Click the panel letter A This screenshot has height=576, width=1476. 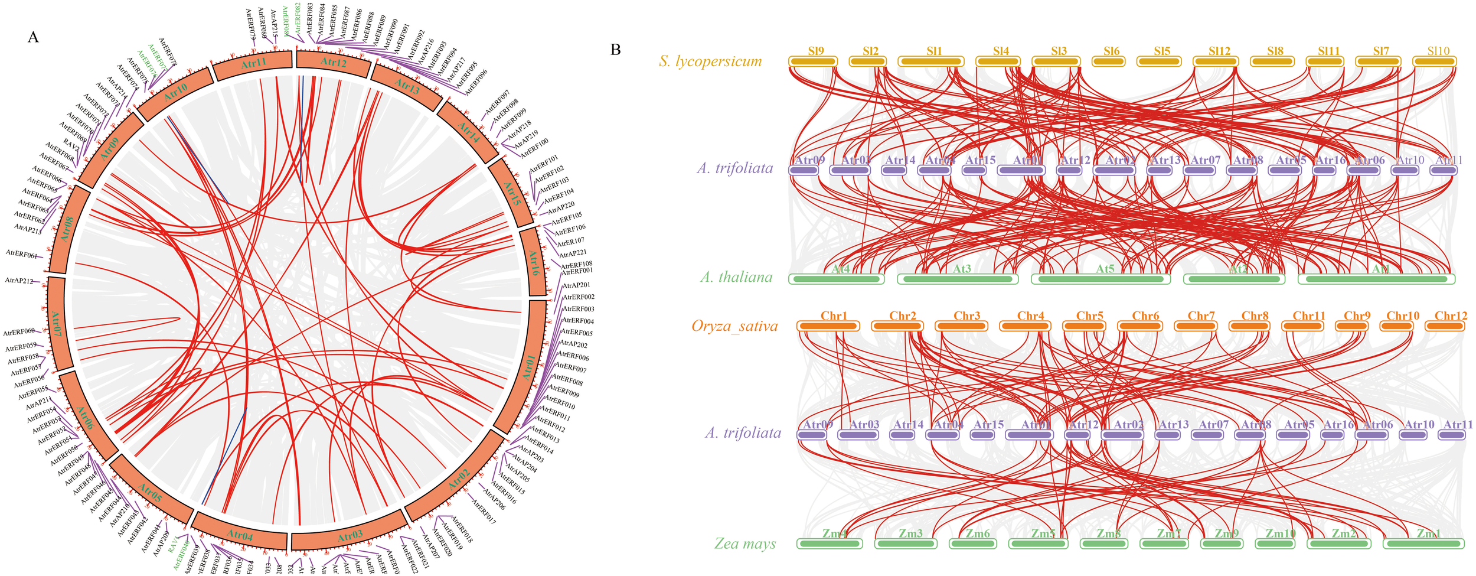point(33,37)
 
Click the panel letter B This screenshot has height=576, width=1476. point(615,50)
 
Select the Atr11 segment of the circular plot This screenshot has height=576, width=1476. point(253,64)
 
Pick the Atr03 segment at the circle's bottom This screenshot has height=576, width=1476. point(350,537)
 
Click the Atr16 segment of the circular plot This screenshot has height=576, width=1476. point(533,263)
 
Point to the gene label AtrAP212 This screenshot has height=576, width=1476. point(19,281)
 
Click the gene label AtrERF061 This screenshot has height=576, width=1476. point(21,253)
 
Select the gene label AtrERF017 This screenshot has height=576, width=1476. point(482,509)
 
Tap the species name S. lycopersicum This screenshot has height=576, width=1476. point(710,61)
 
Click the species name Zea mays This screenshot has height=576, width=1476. point(745,544)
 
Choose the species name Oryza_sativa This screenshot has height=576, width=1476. point(734,326)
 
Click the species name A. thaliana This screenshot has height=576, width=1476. point(736,277)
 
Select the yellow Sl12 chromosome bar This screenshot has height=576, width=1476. point(1219,61)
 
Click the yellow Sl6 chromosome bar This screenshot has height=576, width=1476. point(1111,61)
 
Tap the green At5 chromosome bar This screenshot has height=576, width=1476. point(1101,279)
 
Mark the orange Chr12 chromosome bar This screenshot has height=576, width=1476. point(1445,326)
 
